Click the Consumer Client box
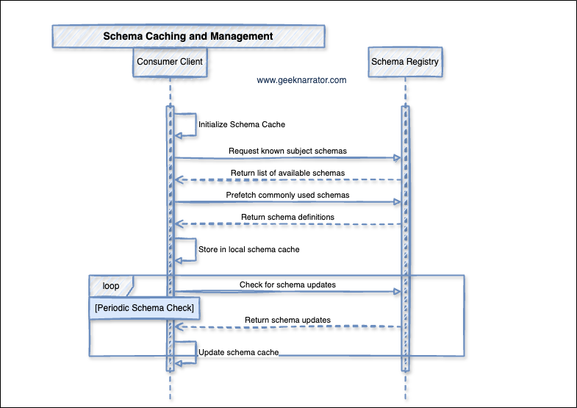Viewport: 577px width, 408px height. (170, 62)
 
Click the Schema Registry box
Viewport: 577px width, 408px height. (405, 62)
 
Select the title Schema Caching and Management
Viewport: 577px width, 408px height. (188, 36)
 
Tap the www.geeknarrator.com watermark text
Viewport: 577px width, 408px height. (301, 81)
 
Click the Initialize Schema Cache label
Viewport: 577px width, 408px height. (242, 125)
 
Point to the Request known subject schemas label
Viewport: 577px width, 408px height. (287, 151)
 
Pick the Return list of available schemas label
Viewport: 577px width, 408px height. (287, 173)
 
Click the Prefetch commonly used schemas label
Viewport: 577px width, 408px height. (287, 195)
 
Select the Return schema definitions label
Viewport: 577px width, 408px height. (287, 217)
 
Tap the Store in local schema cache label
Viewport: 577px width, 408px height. (248, 249)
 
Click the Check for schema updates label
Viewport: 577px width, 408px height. (287, 284)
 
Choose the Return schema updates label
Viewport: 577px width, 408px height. (287, 320)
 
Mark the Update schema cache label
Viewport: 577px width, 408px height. (239, 353)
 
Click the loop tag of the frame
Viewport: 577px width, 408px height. (111, 285)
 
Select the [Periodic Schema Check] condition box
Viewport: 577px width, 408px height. (145, 307)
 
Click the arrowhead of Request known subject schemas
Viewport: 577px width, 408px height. (397, 158)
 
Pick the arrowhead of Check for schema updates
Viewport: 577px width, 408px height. (397, 292)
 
